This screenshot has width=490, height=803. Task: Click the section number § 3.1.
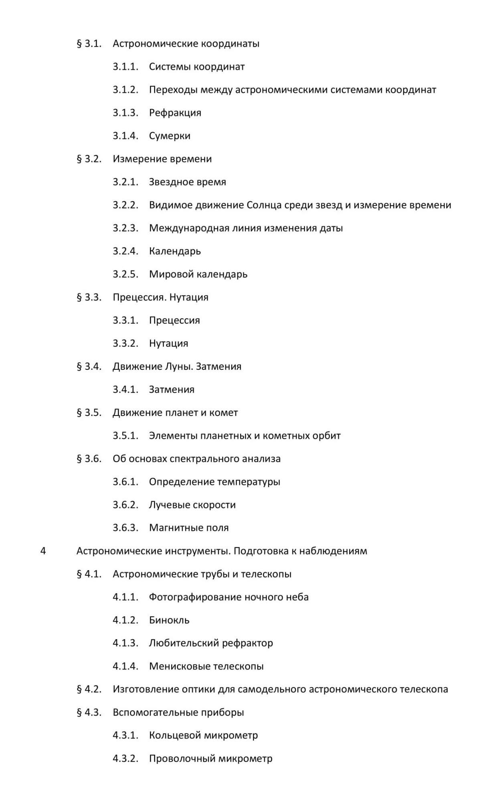(89, 43)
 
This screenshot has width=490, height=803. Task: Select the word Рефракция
(175, 113)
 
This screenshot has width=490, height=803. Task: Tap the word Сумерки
(170, 136)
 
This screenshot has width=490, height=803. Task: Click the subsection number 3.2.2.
(125, 205)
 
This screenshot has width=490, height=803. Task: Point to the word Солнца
(264, 205)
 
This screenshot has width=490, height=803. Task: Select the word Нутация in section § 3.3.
(189, 298)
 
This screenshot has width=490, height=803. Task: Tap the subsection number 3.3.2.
(125, 343)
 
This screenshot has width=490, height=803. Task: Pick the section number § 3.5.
(89, 413)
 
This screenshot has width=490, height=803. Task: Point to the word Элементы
(173, 436)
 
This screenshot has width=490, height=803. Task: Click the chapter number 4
(43, 551)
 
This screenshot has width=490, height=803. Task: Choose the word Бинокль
(169, 620)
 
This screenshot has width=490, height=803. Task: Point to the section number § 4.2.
(89, 689)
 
